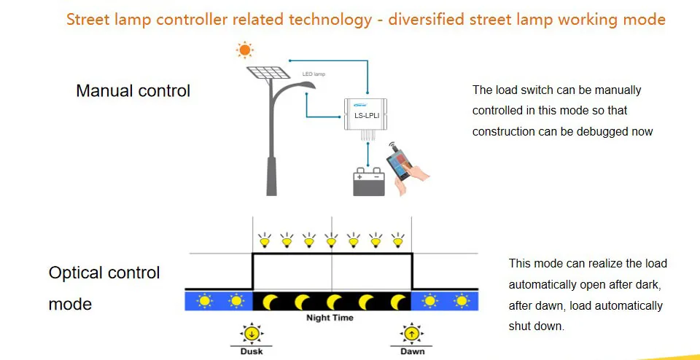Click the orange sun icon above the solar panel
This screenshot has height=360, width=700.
point(244,50)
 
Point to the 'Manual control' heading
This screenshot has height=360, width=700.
point(133,91)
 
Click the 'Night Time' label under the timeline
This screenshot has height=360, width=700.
point(330,318)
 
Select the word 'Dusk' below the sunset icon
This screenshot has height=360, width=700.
point(252,351)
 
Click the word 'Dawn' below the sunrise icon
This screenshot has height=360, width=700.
point(412,351)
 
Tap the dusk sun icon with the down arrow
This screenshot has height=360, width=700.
point(252,334)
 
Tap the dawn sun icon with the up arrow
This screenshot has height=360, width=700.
point(412,334)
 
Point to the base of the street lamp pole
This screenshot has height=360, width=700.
point(271,186)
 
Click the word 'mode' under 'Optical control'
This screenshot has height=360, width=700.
point(71,304)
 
